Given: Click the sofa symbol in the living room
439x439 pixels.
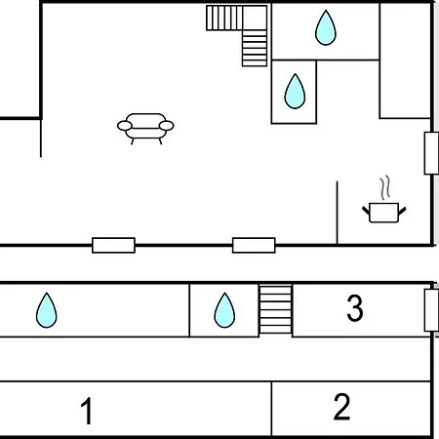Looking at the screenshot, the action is (145, 129).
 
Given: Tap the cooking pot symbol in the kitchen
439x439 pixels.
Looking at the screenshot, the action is (384, 213).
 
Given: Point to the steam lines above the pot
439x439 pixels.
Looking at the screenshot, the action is (385, 187).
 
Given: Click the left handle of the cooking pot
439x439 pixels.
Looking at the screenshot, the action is (366, 211).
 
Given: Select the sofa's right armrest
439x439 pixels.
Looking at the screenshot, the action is (167, 126).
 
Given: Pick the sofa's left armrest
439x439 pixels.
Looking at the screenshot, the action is (125, 126).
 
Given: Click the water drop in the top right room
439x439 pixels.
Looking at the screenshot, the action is (326, 27).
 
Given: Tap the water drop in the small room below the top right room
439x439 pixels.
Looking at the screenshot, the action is (295, 91).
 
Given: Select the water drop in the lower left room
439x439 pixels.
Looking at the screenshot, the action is (47, 310).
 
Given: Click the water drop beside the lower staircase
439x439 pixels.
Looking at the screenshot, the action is (224, 310).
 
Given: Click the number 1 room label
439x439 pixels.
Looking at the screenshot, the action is (87, 411).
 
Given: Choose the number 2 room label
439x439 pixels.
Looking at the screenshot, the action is (341, 406).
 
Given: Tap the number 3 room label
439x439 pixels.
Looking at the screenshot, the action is (355, 307).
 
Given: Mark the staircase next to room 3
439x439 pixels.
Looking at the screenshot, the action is (276, 309).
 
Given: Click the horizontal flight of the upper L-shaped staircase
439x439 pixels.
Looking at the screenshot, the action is (224, 18).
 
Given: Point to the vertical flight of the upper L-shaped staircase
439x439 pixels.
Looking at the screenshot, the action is (255, 48).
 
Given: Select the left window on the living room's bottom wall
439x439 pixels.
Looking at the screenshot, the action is (113, 245).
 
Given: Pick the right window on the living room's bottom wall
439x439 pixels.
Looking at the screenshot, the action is (254, 245).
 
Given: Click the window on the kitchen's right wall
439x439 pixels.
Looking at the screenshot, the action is (431, 153).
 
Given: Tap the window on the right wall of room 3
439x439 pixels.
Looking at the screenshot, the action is (431, 310).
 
